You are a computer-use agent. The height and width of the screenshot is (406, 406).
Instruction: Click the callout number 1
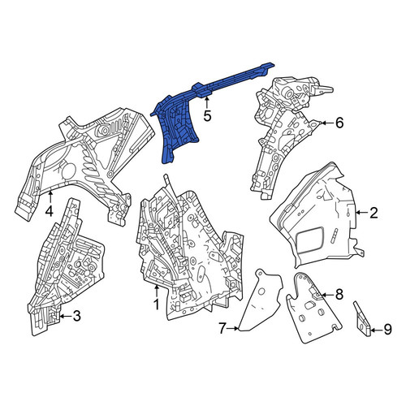coord(156,304)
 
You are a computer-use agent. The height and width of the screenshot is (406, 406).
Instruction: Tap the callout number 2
coord(374,213)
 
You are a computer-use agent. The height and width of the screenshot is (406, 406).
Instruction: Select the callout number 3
coord(77,316)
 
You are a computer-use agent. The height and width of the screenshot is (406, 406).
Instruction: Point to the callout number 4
coord(49,211)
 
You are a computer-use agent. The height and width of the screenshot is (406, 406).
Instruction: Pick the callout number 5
coord(207,116)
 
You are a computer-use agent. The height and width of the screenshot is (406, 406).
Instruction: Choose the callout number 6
coord(339,123)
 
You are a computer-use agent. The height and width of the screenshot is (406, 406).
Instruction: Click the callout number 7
coord(222,329)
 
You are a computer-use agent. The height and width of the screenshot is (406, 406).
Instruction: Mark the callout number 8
coord(339,295)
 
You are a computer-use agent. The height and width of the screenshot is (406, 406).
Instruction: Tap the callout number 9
coord(387,330)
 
